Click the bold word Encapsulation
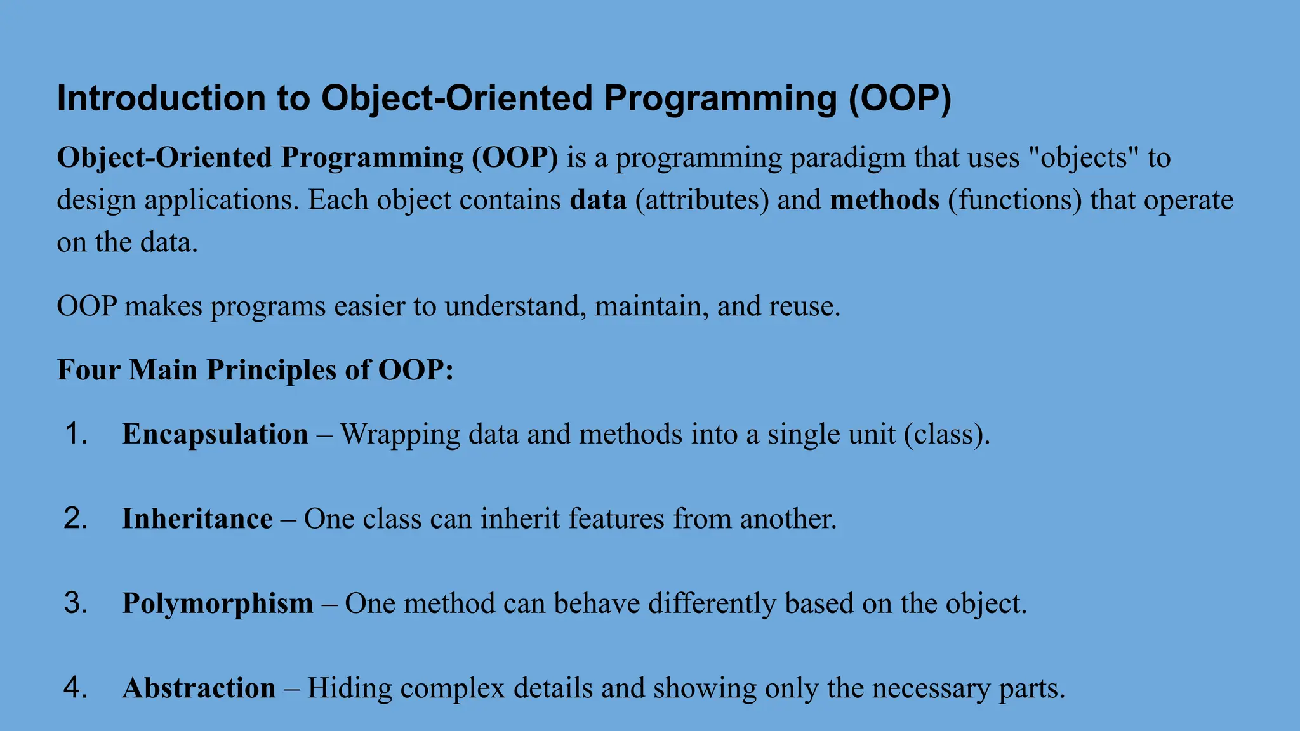click(x=215, y=434)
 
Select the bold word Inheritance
click(x=197, y=518)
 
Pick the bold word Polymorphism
click(x=217, y=603)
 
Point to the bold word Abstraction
click(x=199, y=688)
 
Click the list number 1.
click(x=76, y=434)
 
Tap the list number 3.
click(x=76, y=603)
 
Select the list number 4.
click(x=76, y=688)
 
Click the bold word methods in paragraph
click(x=884, y=200)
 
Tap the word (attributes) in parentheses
click(x=702, y=200)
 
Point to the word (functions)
click(x=1014, y=200)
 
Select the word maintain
click(x=651, y=306)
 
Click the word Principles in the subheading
click(x=271, y=369)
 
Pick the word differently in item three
click(x=712, y=603)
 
